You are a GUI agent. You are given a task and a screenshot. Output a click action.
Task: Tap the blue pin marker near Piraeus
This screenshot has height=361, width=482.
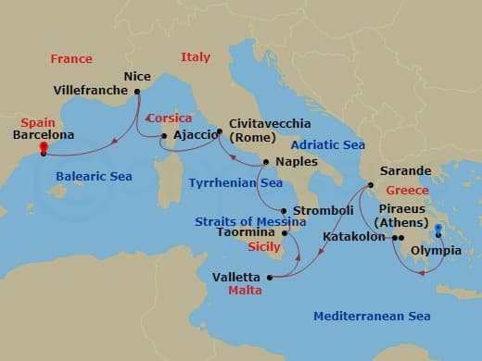[438, 229]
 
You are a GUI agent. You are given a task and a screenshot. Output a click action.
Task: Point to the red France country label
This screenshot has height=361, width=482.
[71, 59]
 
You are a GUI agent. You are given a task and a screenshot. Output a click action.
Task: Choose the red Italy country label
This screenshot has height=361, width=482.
[196, 57]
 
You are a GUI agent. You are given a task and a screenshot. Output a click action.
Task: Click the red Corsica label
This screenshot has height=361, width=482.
[168, 118]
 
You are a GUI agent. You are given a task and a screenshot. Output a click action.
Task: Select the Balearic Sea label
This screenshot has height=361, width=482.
[94, 176]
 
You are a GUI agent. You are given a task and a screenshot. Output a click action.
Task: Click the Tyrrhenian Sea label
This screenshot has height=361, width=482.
[235, 183]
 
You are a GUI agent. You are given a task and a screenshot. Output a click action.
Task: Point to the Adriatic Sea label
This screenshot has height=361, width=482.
[328, 144]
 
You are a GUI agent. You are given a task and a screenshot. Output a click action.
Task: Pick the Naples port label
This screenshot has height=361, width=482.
[297, 162]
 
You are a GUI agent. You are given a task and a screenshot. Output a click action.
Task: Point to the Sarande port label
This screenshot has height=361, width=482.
[406, 171]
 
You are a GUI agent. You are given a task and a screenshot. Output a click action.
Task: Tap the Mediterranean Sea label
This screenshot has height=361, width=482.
[372, 317]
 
